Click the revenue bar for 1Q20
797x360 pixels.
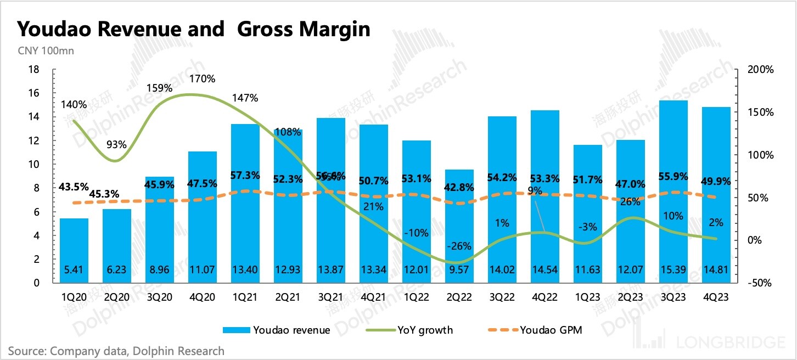[74, 250]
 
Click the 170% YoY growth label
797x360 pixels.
[202, 78]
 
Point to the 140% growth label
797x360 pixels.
[74, 104]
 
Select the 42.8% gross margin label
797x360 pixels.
[459, 187]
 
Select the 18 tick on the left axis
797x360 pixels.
[33, 70]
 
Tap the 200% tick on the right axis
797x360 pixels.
[761, 70]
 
